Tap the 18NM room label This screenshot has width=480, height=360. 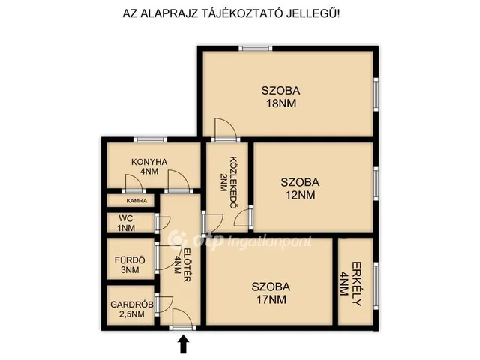pos(281,103)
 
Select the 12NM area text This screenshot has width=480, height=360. pos(300,195)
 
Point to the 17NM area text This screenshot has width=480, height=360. pos(271,299)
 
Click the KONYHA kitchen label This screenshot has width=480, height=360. pos(149,162)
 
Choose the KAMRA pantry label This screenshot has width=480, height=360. pos(136,201)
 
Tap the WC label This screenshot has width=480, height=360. pos(126,218)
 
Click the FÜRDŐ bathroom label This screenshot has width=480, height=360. pos(130,260)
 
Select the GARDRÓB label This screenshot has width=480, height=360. pos(132,304)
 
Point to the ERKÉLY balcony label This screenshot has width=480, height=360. pos(356,283)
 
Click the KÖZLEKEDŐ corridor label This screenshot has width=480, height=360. pos(233,183)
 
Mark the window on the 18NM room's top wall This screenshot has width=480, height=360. pos(255,48)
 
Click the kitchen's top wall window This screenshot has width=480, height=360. pos(150,140)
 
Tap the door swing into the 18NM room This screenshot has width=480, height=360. pos(226,130)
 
